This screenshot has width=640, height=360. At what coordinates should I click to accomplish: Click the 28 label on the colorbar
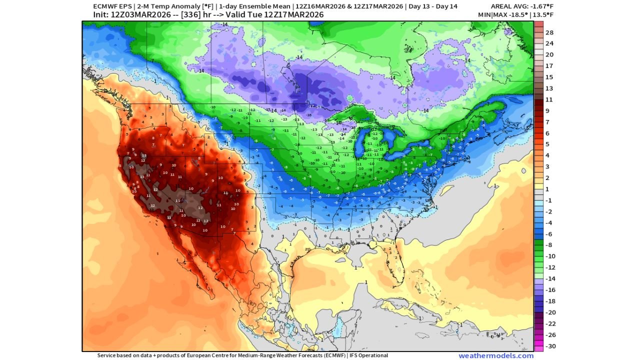coord(549,32)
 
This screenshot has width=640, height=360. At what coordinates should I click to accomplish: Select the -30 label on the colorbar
coord(549,346)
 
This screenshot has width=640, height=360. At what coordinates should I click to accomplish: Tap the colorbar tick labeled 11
coord(549,100)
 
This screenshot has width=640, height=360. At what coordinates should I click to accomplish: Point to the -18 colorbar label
coord(549,301)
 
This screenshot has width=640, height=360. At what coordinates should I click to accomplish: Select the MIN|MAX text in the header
coord(492,14)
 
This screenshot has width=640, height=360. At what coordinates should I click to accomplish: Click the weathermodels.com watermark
coord(495,355)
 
